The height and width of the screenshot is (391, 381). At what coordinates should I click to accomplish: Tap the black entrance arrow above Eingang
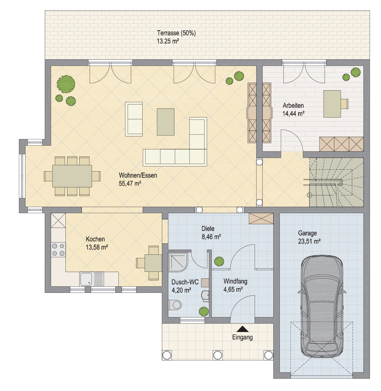click(242, 329)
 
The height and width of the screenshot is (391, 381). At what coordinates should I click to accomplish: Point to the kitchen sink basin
click(86, 279)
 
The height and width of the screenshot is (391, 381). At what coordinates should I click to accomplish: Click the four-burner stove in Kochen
click(58, 249)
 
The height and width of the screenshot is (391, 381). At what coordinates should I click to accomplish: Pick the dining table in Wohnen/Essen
click(72, 176)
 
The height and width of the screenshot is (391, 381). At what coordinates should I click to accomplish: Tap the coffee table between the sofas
click(165, 122)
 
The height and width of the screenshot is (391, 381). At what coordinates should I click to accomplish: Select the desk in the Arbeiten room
click(332, 104)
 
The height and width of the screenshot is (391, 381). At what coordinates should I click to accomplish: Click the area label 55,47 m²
click(130, 184)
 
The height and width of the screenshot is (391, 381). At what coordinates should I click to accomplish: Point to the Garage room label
click(307, 233)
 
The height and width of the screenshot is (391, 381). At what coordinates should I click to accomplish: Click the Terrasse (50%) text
click(176, 33)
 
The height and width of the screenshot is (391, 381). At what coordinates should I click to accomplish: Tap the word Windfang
click(235, 281)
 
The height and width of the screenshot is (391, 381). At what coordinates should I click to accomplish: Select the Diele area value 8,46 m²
click(211, 237)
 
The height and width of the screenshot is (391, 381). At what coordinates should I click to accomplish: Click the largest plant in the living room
click(66, 84)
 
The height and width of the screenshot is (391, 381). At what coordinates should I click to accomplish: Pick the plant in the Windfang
click(219, 261)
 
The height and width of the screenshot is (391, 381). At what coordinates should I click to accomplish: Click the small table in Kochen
click(153, 263)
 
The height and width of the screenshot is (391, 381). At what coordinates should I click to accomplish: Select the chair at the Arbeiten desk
click(345, 104)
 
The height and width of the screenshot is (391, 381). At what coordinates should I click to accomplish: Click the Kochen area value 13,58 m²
click(97, 247)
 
